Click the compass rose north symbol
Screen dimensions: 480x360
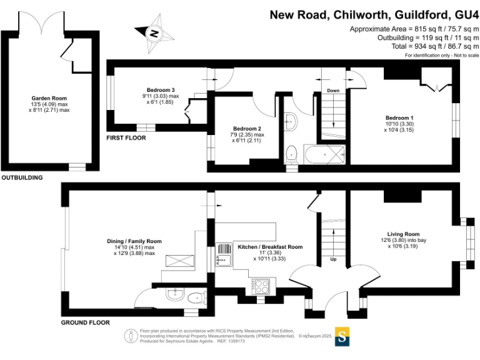pyautogui.click(x=154, y=33)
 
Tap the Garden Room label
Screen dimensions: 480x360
pyautogui.click(x=49, y=98)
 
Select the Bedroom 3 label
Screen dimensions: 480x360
pyautogui.click(x=161, y=90)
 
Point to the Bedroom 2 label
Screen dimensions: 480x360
pyautogui.click(x=247, y=129)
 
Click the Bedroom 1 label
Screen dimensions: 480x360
pyautogui.click(x=399, y=118)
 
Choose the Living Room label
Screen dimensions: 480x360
pyautogui.click(x=404, y=234)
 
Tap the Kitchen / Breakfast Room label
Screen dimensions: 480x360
pyautogui.click(x=270, y=247)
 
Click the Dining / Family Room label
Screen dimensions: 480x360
pyautogui.click(x=134, y=241)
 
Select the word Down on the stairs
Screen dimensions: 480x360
pyautogui.click(x=333, y=91)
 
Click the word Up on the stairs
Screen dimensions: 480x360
pyautogui.click(x=333, y=259)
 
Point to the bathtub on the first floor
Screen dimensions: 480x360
pyautogui.click(x=325, y=154)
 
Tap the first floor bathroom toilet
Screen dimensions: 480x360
pyautogui.click(x=291, y=155)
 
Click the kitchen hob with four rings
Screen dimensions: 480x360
pyautogui.click(x=261, y=287)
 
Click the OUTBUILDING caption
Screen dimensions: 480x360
pyautogui.click(x=22, y=177)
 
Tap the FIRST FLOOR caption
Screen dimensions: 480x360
pyautogui.click(x=126, y=138)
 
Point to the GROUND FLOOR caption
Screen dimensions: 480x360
pyautogui.click(x=86, y=322)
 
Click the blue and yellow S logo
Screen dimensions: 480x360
pyautogui.click(x=342, y=337)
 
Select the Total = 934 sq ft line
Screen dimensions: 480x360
pyautogui.click(x=435, y=46)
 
